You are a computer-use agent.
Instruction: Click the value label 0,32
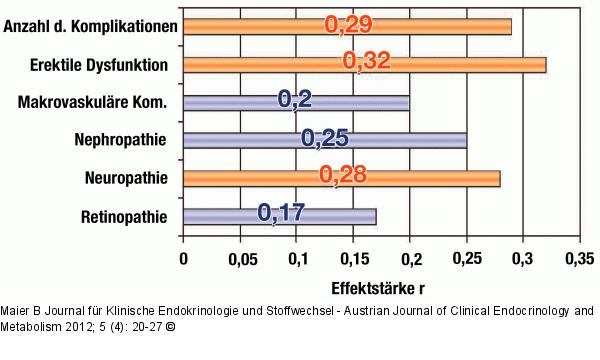click(366, 63)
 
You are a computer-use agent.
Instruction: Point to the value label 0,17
click(281, 213)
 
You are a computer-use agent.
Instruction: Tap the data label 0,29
click(349, 24)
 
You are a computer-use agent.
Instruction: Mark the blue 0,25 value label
click(324, 138)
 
